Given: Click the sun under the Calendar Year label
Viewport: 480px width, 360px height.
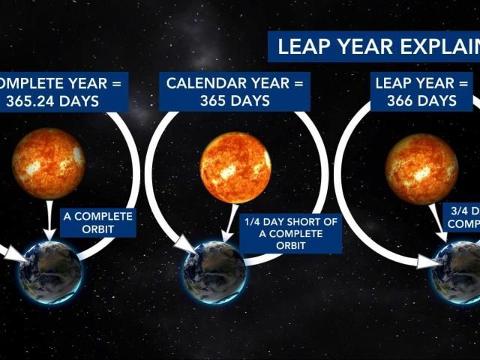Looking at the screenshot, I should point(235,167).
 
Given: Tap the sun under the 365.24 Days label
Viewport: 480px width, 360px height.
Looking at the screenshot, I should point(49,163).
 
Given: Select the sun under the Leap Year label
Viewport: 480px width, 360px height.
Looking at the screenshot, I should point(421,169).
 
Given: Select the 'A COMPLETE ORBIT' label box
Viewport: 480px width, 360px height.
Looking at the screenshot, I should point(98,223).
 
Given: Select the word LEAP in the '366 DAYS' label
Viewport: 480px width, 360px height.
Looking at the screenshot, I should point(394,82).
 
